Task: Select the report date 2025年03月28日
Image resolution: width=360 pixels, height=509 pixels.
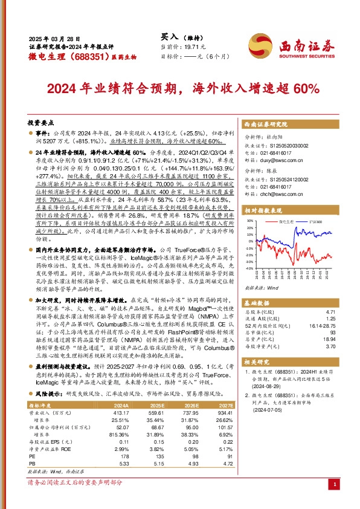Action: pyautogui.click(x=53, y=37)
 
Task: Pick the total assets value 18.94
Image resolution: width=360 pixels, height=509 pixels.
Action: pyautogui.click(x=327, y=340)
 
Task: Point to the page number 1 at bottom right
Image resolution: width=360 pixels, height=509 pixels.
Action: pyautogui.click(x=335, y=484)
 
